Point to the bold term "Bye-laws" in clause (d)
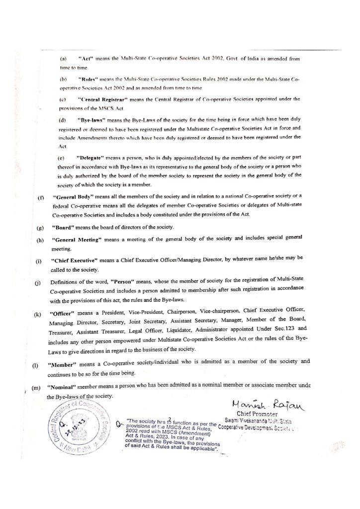click(90, 120)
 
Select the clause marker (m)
click(36, 387)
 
